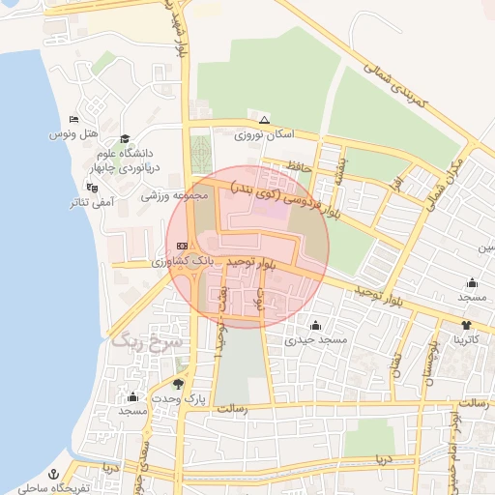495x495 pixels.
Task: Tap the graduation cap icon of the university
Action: click(124, 140)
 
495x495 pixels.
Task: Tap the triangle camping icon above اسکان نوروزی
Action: click(264, 120)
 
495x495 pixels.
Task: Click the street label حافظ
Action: click(297, 166)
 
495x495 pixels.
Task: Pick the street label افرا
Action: click(396, 185)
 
